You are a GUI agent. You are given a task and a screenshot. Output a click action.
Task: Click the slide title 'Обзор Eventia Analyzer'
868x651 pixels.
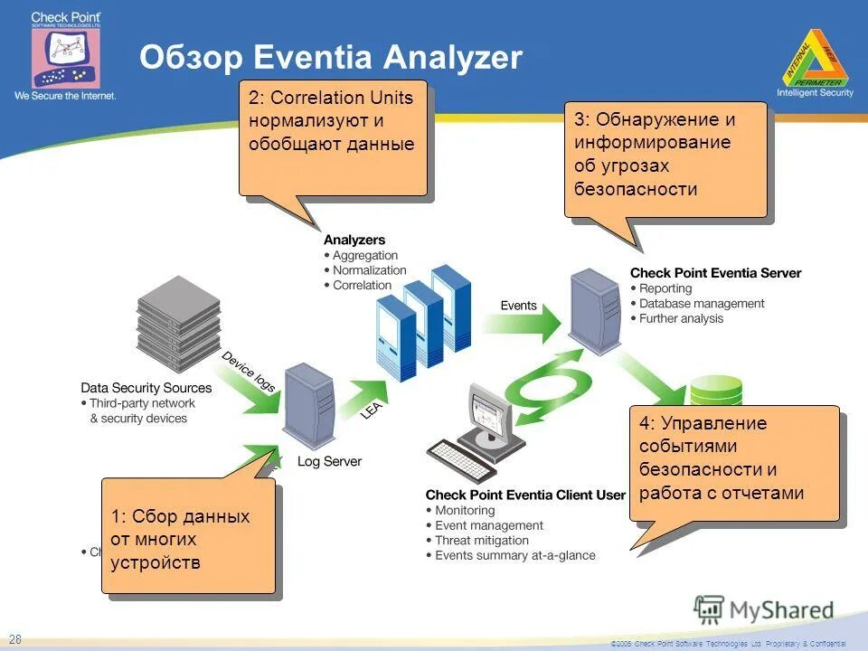coord(331,58)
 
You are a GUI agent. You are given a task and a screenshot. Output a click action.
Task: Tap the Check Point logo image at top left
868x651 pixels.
coord(65,54)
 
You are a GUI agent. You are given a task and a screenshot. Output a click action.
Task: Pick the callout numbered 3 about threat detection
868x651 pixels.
coord(665,159)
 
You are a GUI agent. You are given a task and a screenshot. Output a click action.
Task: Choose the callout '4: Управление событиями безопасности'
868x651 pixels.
coord(733,463)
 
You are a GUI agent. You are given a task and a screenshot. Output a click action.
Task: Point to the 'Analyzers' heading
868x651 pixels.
coord(354,241)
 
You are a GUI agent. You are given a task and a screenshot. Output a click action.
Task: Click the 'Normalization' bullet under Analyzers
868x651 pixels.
coord(369,270)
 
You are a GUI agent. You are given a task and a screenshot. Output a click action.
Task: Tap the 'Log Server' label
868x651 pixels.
coord(329,461)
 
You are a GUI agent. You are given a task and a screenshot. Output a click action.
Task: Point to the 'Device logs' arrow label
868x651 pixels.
coord(249,371)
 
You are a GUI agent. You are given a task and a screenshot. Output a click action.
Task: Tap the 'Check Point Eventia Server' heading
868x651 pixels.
coord(715,273)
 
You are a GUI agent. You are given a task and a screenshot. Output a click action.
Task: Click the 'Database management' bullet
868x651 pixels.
coord(702,304)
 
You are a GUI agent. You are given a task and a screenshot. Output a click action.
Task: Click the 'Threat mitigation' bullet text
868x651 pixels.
coord(482,541)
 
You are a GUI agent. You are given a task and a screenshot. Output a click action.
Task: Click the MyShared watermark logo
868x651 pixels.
coord(765,609)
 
